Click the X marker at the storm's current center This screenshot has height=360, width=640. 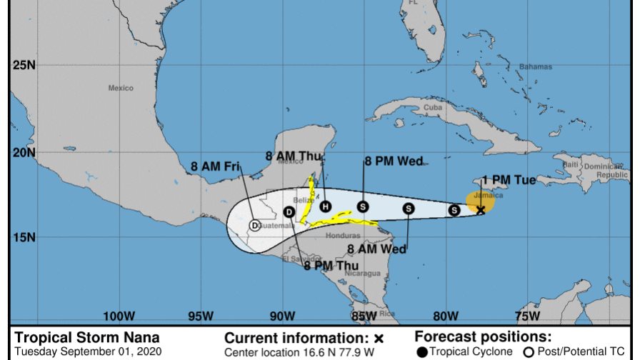(x=481, y=210)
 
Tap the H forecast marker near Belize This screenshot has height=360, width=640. (x=326, y=206)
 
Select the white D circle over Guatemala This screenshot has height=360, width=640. (x=254, y=225)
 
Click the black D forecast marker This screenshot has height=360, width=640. (x=289, y=211)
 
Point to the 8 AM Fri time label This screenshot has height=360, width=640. (x=214, y=167)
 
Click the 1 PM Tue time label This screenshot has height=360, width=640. (x=509, y=180)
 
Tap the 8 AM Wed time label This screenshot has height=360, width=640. (x=377, y=249)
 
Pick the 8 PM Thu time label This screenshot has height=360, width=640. (x=331, y=266)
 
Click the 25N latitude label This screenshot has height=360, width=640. (x=24, y=66)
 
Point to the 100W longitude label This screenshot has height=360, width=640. (x=119, y=316)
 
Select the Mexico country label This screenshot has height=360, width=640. (x=121, y=88)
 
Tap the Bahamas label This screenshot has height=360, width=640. (x=536, y=66)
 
